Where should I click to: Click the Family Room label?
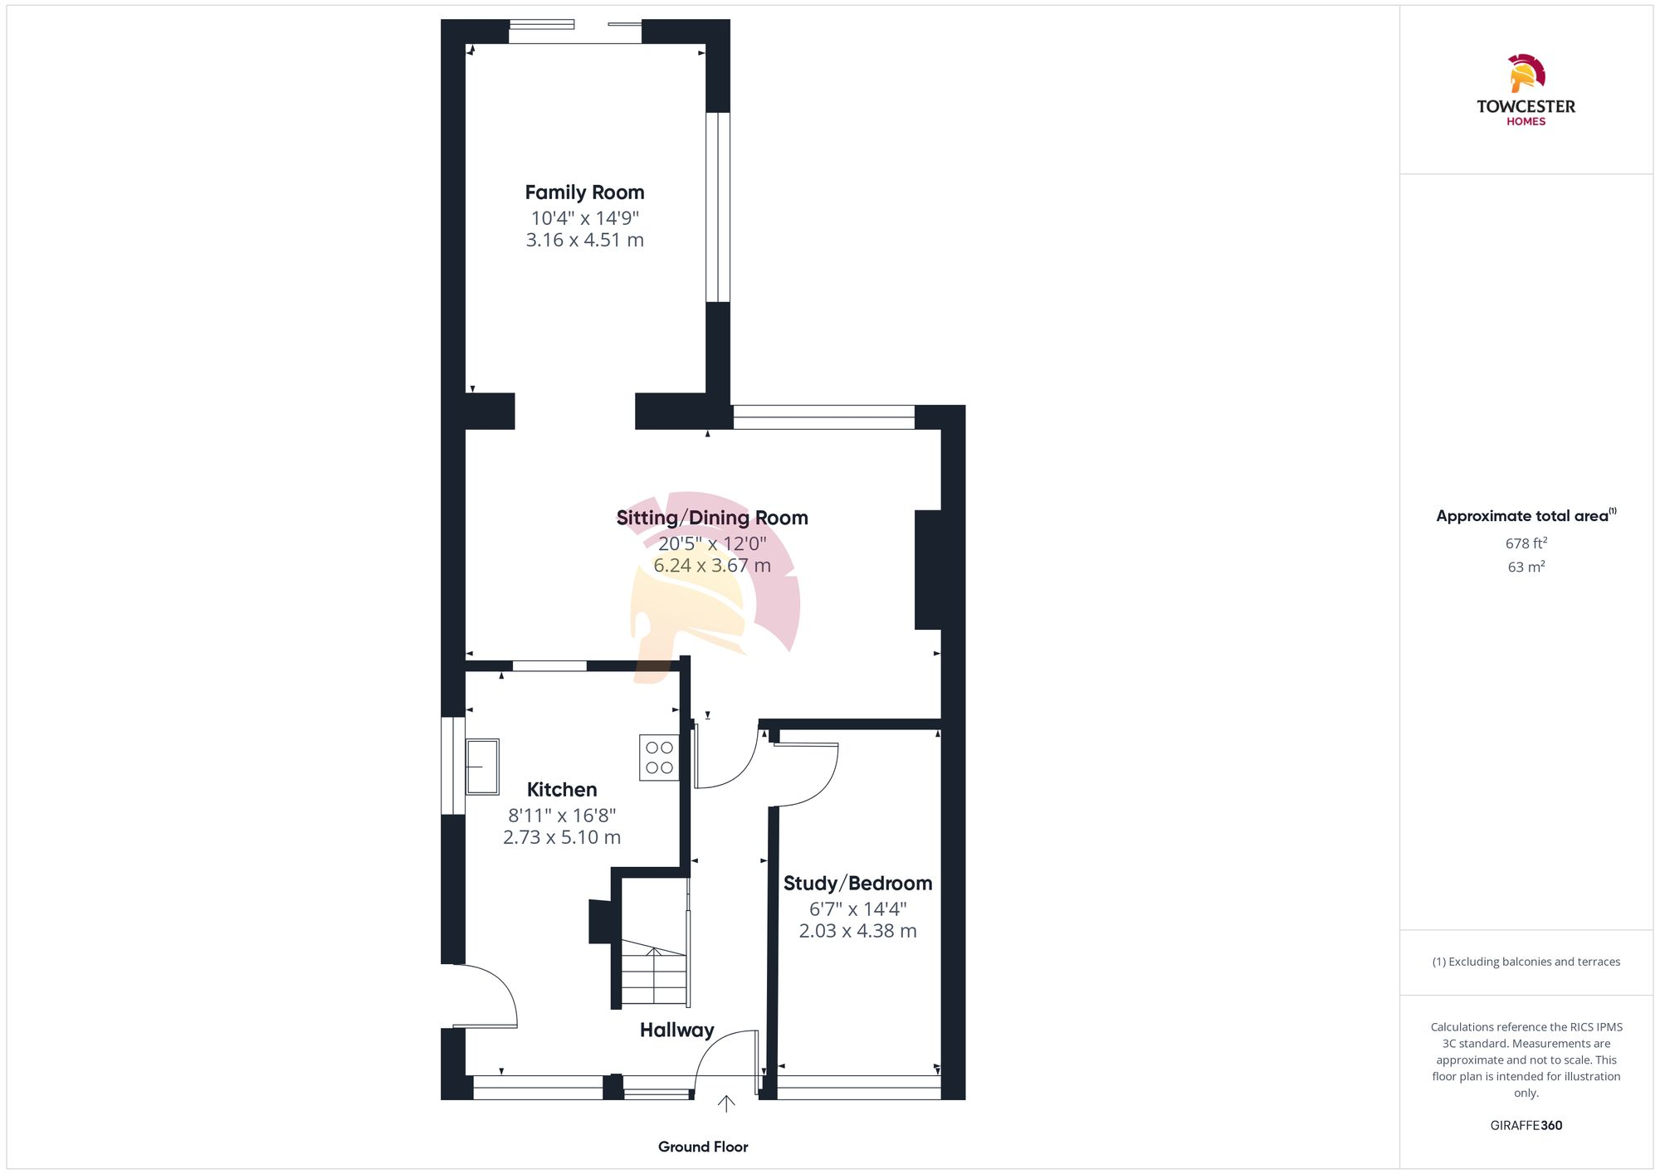(584, 192)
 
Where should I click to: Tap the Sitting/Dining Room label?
(711, 518)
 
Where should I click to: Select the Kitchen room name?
(562, 790)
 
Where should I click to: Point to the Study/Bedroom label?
(857, 884)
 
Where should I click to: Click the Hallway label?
(676, 1030)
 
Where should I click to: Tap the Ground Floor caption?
(703, 1147)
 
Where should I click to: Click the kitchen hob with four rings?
(659, 757)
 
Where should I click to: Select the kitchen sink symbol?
(482, 767)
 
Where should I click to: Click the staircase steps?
(654, 977)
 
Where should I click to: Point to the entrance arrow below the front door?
(726, 1103)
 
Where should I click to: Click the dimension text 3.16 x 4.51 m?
(584, 241)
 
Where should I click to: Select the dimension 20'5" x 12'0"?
(711, 544)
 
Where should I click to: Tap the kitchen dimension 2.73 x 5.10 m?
(562, 838)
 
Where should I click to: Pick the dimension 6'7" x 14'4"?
(857, 909)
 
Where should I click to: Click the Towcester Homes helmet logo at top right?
(1526, 74)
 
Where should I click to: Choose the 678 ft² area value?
(1526, 543)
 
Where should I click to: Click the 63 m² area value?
(1526, 568)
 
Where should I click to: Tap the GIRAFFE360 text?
(1526, 1126)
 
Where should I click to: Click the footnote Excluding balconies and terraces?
(1526, 962)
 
